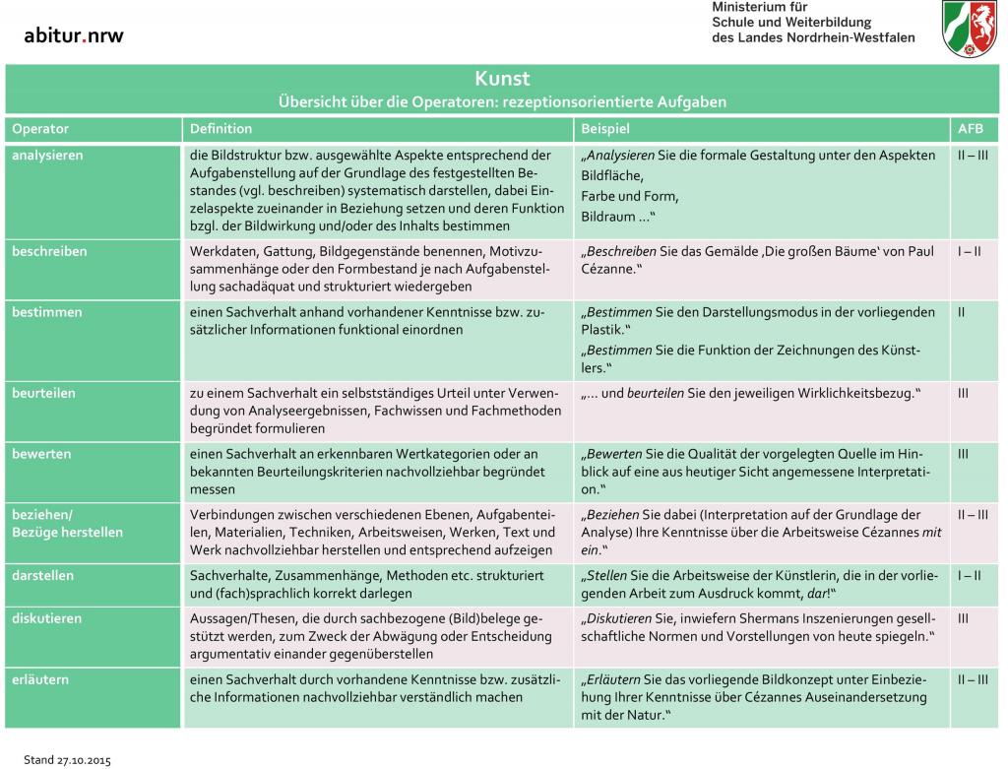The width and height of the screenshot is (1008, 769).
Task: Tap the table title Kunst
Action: tap(503, 80)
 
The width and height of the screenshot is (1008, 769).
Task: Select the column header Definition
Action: tap(220, 129)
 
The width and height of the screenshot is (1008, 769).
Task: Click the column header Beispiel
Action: tap(605, 129)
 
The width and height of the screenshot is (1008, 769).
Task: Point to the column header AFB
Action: tap(970, 129)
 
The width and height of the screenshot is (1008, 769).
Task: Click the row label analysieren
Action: tap(47, 156)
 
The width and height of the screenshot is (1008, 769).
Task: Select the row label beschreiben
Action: tap(49, 251)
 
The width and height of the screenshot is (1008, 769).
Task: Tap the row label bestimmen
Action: tap(46, 312)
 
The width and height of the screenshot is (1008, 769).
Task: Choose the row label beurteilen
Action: tap(45, 393)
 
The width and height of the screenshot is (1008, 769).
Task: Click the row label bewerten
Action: tap(41, 454)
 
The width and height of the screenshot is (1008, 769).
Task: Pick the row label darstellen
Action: tap(42, 575)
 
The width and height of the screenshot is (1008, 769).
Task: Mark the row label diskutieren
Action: tap(46, 619)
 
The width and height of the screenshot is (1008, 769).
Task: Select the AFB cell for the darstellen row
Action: tap(969, 575)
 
